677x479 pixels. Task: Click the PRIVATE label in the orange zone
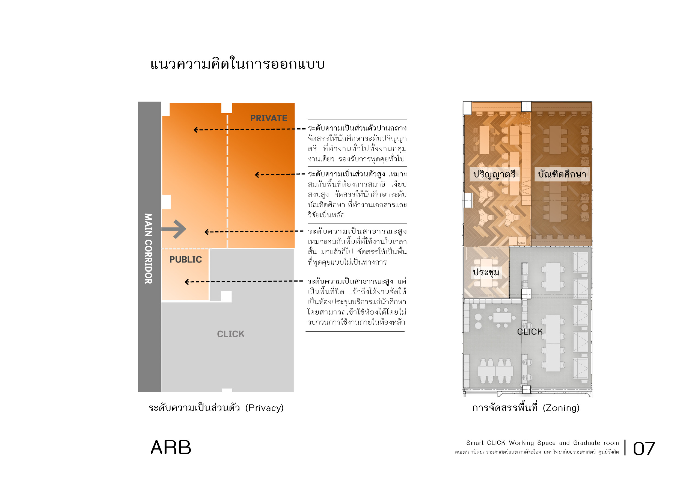point(269,118)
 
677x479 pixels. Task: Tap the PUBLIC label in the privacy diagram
point(185,259)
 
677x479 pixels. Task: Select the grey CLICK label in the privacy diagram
point(231,334)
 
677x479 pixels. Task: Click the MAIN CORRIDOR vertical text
point(148,249)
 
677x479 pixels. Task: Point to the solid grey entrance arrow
point(174,229)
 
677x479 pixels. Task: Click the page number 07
point(644,449)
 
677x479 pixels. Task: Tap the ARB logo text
point(171,447)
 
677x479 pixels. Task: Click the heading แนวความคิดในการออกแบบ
point(237,64)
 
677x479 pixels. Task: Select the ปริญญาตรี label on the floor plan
point(494,174)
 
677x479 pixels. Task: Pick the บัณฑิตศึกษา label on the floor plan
point(562,174)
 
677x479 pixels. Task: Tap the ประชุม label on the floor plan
point(486,272)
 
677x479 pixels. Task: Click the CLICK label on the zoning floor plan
point(530,332)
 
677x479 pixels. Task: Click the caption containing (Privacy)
point(216,408)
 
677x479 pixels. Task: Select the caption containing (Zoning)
point(526,408)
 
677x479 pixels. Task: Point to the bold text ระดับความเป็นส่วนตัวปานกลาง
point(357,128)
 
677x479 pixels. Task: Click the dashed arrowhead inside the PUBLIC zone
point(187,282)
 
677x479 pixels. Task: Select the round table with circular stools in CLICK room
point(502,318)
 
